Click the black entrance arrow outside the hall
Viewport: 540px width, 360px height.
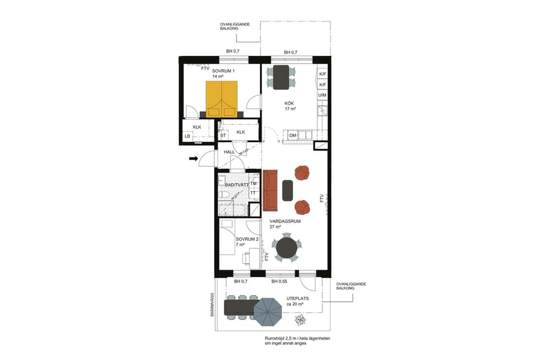point(193,158)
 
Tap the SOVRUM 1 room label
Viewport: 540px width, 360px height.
point(223,71)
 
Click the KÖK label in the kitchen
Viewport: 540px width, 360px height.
point(290,103)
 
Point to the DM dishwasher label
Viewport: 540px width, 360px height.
point(292,136)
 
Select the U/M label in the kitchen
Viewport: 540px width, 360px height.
point(322,95)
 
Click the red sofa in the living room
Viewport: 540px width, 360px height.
point(270,190)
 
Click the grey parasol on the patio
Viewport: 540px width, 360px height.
point(268,311)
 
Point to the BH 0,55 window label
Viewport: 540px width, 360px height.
point(279,281)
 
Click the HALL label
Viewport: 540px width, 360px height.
point(229,152)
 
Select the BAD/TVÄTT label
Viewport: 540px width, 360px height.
point(236,185)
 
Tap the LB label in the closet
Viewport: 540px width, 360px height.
point(187,136)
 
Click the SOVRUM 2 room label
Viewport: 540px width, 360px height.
point(247,239)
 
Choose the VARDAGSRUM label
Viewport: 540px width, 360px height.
point(285,221)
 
